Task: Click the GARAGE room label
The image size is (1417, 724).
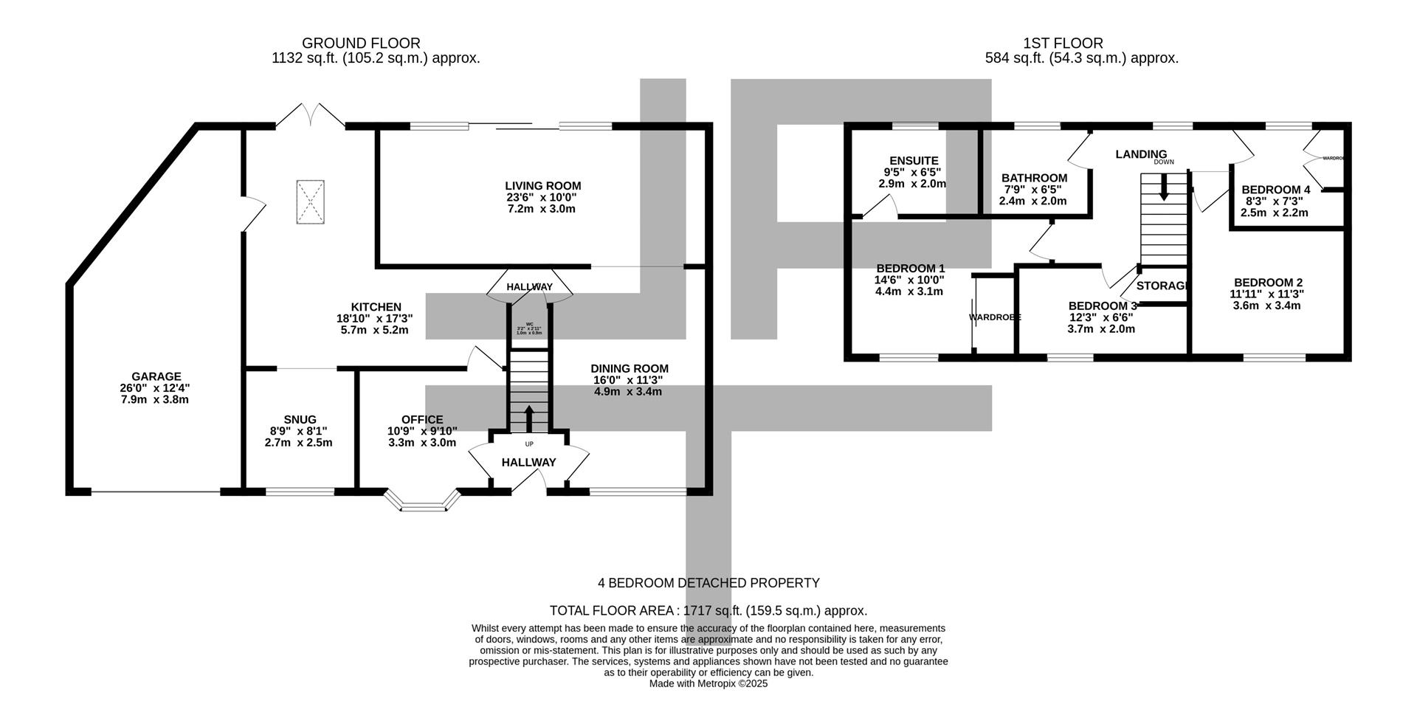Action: pyautogui.click(x=156, y=376)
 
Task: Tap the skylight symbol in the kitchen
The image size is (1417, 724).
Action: pyautogui.click(x=310, y=202)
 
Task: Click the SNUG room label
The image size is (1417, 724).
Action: pyautogui.click(x=299, y=419)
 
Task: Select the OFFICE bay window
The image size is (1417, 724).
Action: pyautogui.click(x=422, y=501)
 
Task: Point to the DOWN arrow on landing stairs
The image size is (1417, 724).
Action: pyautogui.click(x=1164, y=187)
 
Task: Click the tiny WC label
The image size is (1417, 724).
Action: pyautogui.click(x=529, y=324)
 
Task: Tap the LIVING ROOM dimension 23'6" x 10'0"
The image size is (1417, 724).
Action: pyautogui.click(x=542, y=197)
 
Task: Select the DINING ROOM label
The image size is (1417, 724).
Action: pyautogui.click(x=630, y=368)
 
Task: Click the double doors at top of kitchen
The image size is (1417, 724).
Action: pyautogui.click(x=309, y=115)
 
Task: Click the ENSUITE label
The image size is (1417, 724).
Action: pyautogui.click(x=914, y=160)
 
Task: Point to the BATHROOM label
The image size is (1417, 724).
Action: pyautogui.click(x=1034, y=178)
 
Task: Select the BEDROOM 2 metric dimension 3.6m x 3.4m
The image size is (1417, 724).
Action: pyautogui.click(x=1266, y=305)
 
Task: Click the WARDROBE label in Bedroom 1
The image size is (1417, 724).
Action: pyautogui.click(x=995, y=317)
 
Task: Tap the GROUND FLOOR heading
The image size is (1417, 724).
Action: pyautogui.click(x=361, y=44)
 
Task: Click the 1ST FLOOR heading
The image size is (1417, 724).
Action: pyautogui.click(x=1063, y=44)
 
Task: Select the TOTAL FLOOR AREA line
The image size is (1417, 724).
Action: pyautogui.click(x=708, y=610)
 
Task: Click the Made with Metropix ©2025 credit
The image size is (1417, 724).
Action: pyautogui.click(x=708, y=683)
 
